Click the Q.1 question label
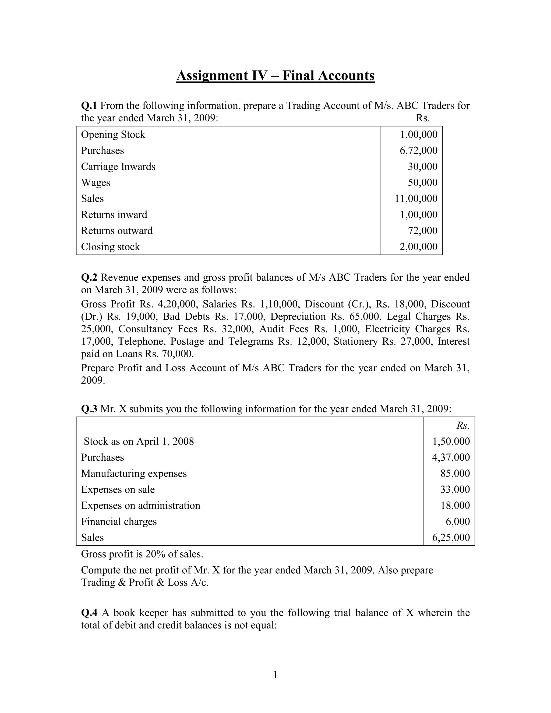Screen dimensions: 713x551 tap(89, 105)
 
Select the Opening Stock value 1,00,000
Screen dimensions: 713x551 tap(418, 135)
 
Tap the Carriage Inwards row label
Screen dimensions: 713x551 tap(118, 167)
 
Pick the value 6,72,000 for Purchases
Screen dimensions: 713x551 tap(418, 150)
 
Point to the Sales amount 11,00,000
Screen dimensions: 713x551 tap(416, 199)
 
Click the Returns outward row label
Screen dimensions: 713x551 tap(116, 231)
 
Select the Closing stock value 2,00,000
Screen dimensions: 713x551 tap(418, 246)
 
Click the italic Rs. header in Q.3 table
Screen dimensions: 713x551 tap(462, 425)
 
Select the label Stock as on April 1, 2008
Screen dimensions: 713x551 tap(139, 441)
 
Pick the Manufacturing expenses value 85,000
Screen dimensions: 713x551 tap(455, 473)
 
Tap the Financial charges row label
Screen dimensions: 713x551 tap(119, 521)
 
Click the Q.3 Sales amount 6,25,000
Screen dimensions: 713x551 tap(451, 537)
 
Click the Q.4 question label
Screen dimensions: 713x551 tap(89, 612)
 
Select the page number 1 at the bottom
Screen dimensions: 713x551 tap(275, 675)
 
